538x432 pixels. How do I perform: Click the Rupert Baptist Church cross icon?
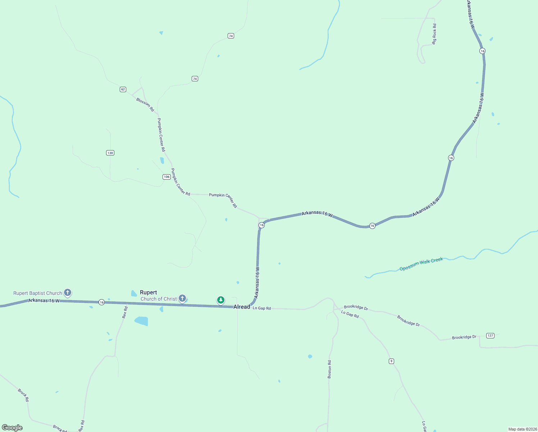[x=67, y=292]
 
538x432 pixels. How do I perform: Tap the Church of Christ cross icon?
[x=182, y=298]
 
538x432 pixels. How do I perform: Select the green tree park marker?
[x=221, y=300]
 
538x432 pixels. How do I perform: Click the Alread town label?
[x=242, y=307]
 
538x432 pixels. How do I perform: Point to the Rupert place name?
[x=149, y=292]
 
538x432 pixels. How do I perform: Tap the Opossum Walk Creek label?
[x=421, y=264]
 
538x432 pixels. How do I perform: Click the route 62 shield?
[x=123, y=89]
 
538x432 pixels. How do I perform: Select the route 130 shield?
[x=110, y=153]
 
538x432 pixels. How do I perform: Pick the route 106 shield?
[x=167, y=177]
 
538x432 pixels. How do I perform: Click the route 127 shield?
[x=490, y=336]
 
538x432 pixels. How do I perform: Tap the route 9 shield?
[x=391, y=361]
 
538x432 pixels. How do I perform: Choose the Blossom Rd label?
[x=145, y=105]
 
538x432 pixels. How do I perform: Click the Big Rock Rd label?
[x=434, y=34]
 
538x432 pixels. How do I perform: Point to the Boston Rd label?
[x=329, y=369]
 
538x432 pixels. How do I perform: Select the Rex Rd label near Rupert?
[x=125, y=312]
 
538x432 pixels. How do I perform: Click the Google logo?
[x=12, y=428]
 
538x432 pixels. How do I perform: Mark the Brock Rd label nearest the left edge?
[x=23, y=395]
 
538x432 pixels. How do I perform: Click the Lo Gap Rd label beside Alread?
[x=262, y=308]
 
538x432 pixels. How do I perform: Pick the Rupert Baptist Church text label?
[x=38, y=293]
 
